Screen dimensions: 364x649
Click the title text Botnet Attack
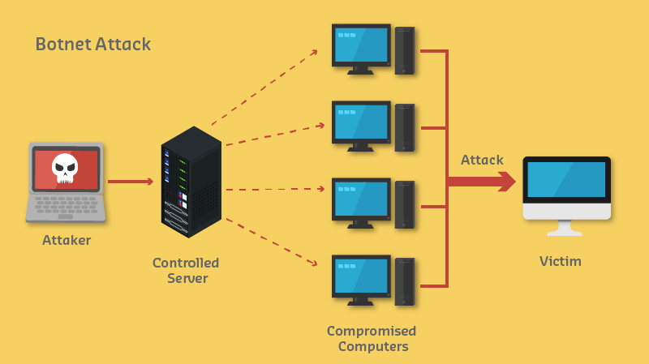[92, 44]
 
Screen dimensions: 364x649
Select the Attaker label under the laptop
[67, 240]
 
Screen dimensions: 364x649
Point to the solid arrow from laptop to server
[130, 182]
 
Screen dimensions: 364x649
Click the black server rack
[191, 182]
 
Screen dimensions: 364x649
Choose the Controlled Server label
[186, 271]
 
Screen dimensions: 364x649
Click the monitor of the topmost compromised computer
[361, 45]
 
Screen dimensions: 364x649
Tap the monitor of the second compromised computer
[361, 122]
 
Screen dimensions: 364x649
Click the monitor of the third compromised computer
[361, 199]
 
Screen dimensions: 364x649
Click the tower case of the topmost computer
[405, 51]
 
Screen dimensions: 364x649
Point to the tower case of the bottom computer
[405, 281]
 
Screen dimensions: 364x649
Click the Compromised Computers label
[372, 339]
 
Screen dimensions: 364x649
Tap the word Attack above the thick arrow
[482, 160]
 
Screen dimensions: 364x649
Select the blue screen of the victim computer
[566, 179]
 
